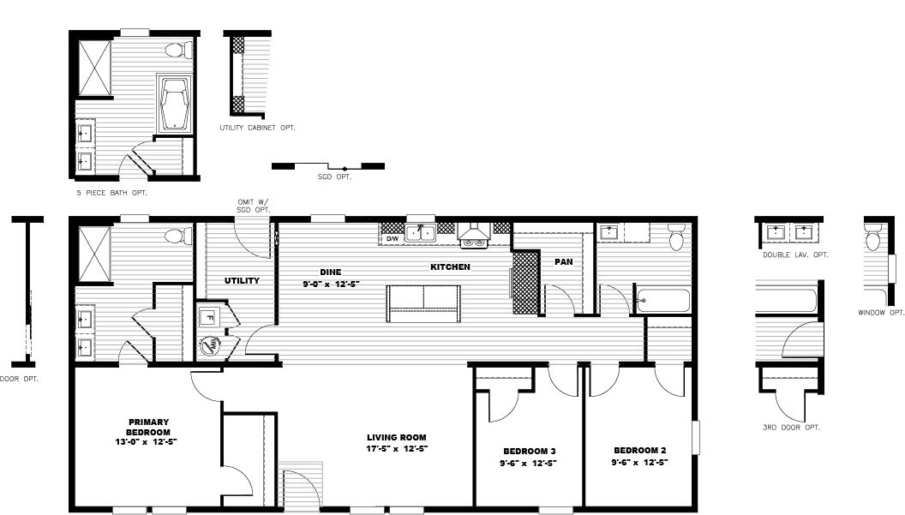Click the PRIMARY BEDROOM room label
tap(148, 426)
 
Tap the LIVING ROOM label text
tap(397, 437)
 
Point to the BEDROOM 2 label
tap(639, 450)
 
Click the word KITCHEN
tap(450, 267)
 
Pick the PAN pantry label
tap(563, 261)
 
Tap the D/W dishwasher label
tap(392, 239)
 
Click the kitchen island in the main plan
tap(423, 303)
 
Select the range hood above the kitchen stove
tap(473, 231)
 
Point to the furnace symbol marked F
tap(207, 317)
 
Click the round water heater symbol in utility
tap(208, 346)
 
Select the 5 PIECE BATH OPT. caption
tap(111, 193)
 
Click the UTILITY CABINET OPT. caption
tap(257, 128)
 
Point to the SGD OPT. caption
tap(334, 177)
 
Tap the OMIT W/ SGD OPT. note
tap(254, 206)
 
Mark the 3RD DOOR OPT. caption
tap(791, 427)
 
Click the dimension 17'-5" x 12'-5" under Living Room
tap(397, 448)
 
